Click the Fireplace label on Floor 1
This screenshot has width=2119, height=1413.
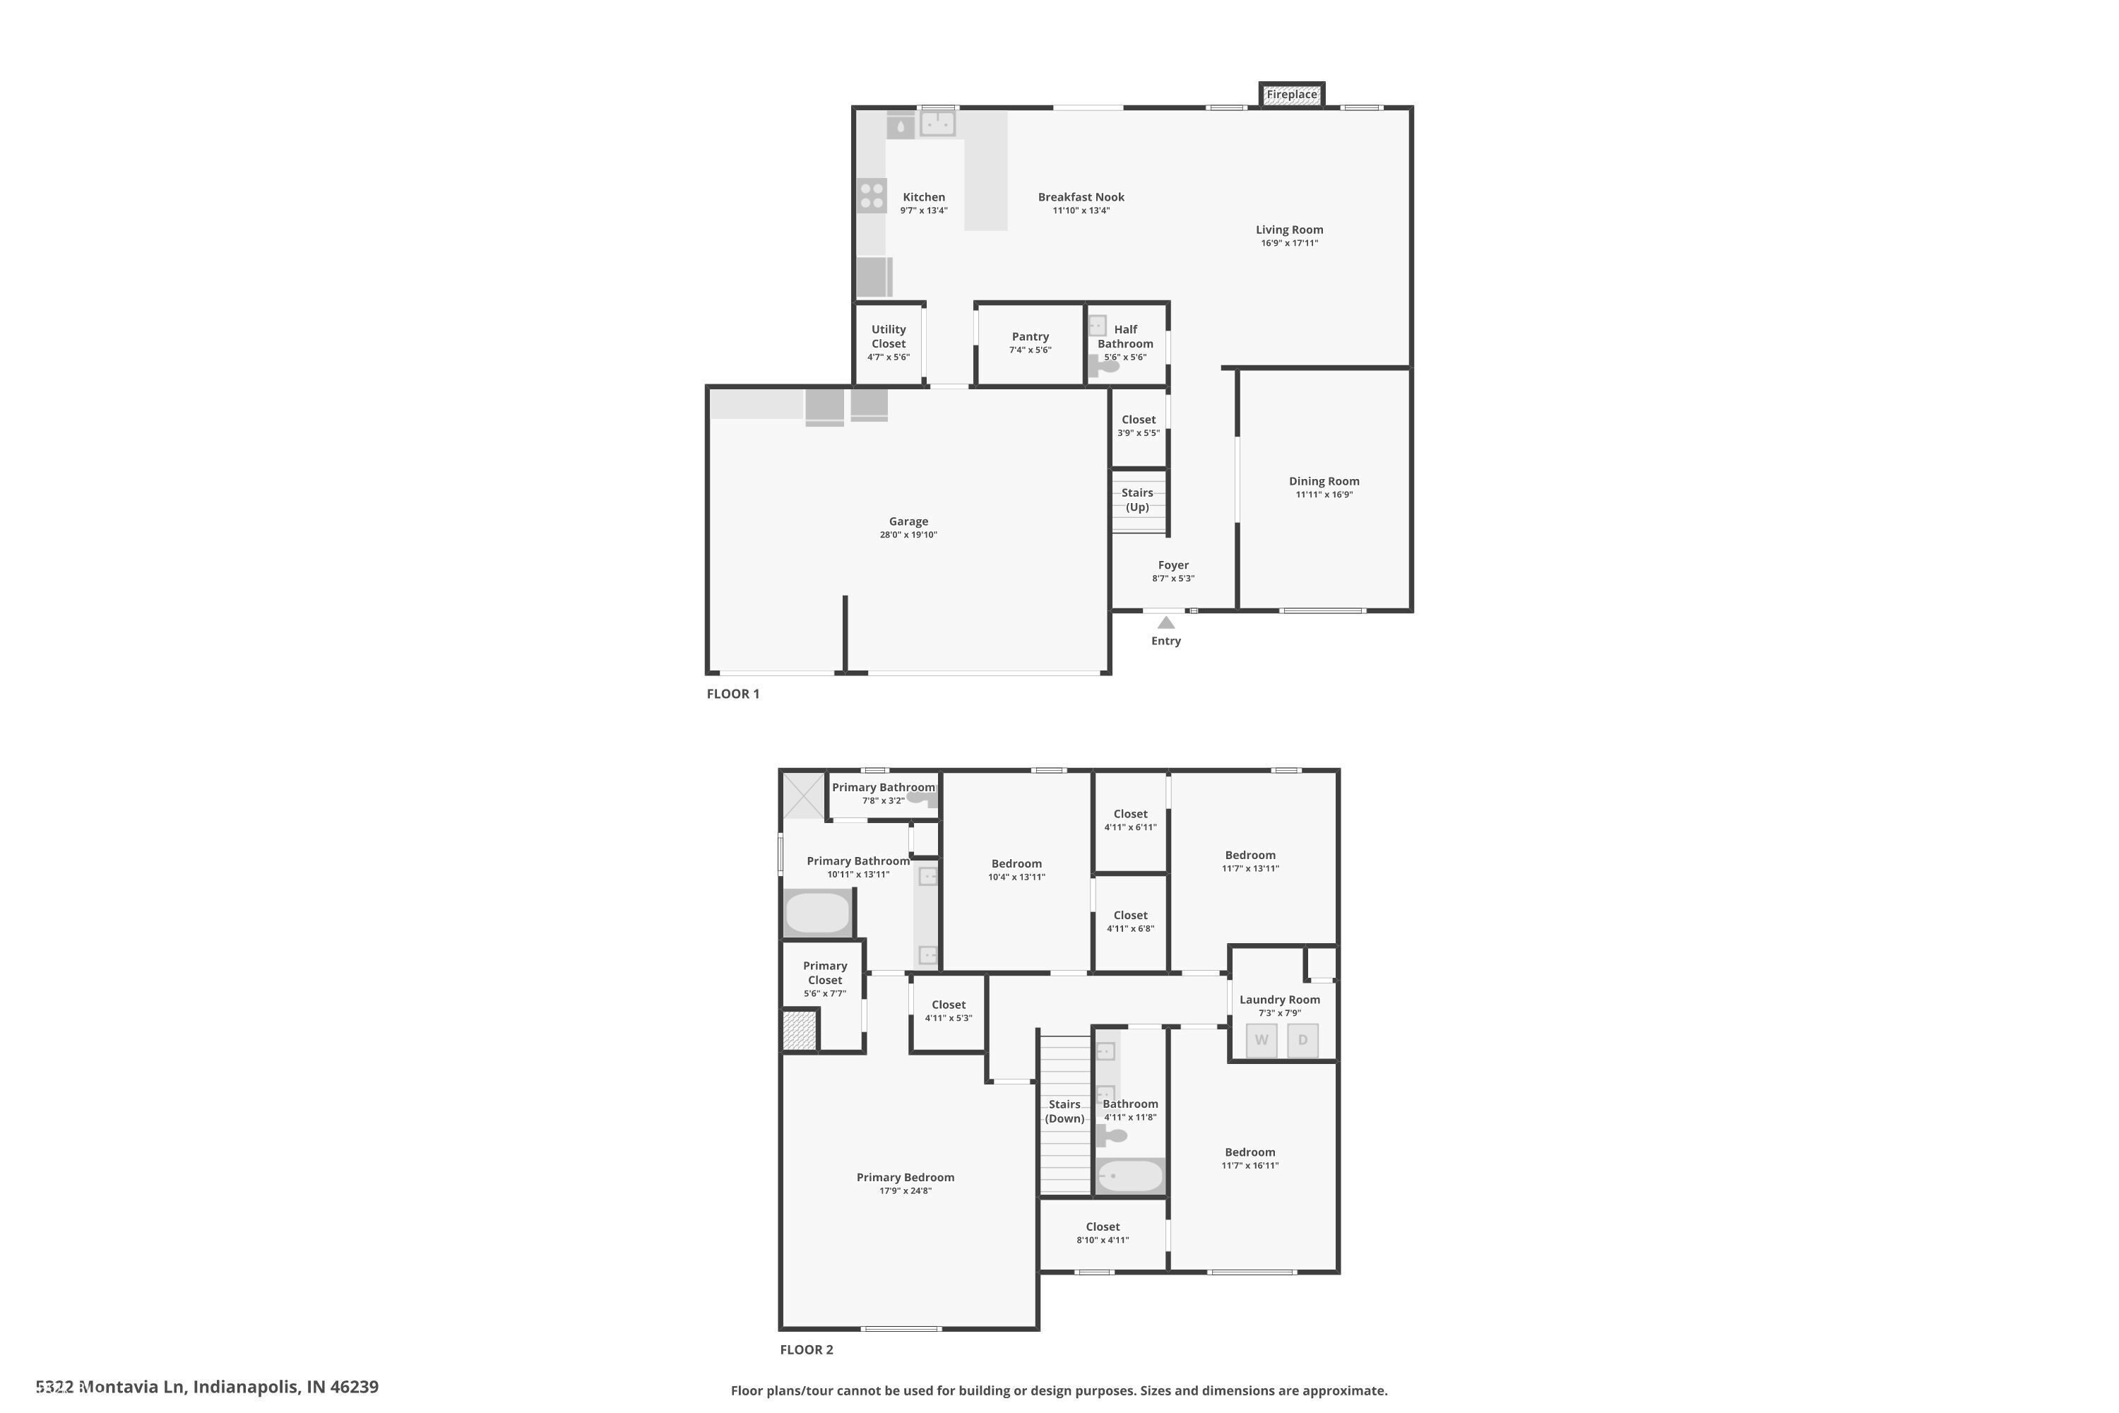[x=1291, y=95]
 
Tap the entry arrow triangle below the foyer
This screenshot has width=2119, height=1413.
[x=1166, y=622]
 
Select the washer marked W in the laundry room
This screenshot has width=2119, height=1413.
[x=1262, y=1040]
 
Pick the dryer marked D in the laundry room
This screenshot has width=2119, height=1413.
[x=1302, y=1040]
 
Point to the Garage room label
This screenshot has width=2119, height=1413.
[x=908, y=521]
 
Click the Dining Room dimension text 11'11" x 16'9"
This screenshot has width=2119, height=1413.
[x=1324, y=495]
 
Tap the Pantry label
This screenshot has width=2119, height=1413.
[x=1030, y=336]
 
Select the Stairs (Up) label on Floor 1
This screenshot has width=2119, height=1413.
[x=1137, y=499]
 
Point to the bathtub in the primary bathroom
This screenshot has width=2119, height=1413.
[x=818, y=914]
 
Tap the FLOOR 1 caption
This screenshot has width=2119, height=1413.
[x=732, y=694]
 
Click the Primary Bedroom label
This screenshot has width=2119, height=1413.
[x=905, y=1177]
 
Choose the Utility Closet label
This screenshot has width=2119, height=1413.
[x=889, y=336]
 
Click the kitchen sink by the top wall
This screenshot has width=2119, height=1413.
[x=937, y=122]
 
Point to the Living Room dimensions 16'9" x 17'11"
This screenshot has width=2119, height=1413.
[x=1289, y=243]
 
